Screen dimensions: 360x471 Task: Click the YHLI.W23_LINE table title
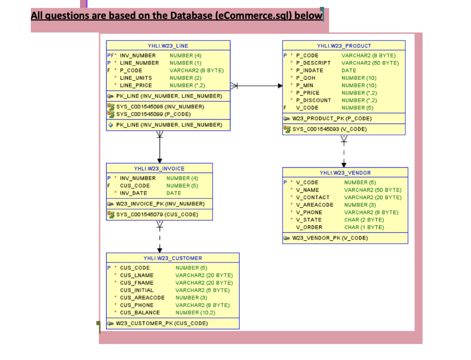click(168, 46)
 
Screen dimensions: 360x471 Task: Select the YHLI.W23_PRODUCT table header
click(344, 46)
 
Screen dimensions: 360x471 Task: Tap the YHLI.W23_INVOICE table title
click(159, 168)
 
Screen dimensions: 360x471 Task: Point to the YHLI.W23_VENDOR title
click(345, 173)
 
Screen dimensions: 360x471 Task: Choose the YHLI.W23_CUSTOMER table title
click(172, 258)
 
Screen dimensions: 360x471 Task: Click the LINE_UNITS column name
click(136, 78)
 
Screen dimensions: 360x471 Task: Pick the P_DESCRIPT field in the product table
click(313, 63)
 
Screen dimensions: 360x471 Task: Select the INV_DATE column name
click(133, 193)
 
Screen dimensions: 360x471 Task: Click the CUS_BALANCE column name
click(140, 313)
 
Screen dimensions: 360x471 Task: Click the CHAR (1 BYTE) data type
click(364, 227)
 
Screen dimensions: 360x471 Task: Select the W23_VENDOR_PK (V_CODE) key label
click(330, 238)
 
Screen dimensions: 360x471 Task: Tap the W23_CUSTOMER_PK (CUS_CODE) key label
click(161, 323)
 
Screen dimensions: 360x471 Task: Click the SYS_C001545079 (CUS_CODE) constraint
click(157, 214)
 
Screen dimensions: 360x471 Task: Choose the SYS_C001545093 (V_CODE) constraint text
click(329, 129)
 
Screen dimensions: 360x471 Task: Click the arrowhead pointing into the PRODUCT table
click(280, 86)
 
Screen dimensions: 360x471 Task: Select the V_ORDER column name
click(309, 227)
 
